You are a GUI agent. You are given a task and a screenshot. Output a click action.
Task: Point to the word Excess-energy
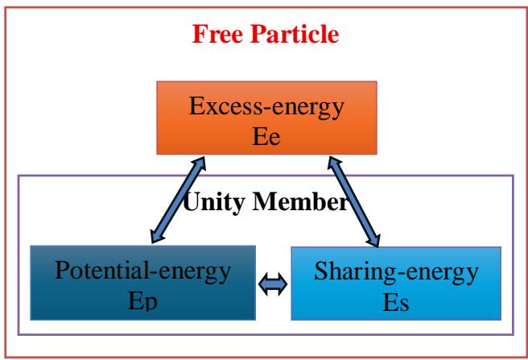pyautogui.click(x=262, y=107)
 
